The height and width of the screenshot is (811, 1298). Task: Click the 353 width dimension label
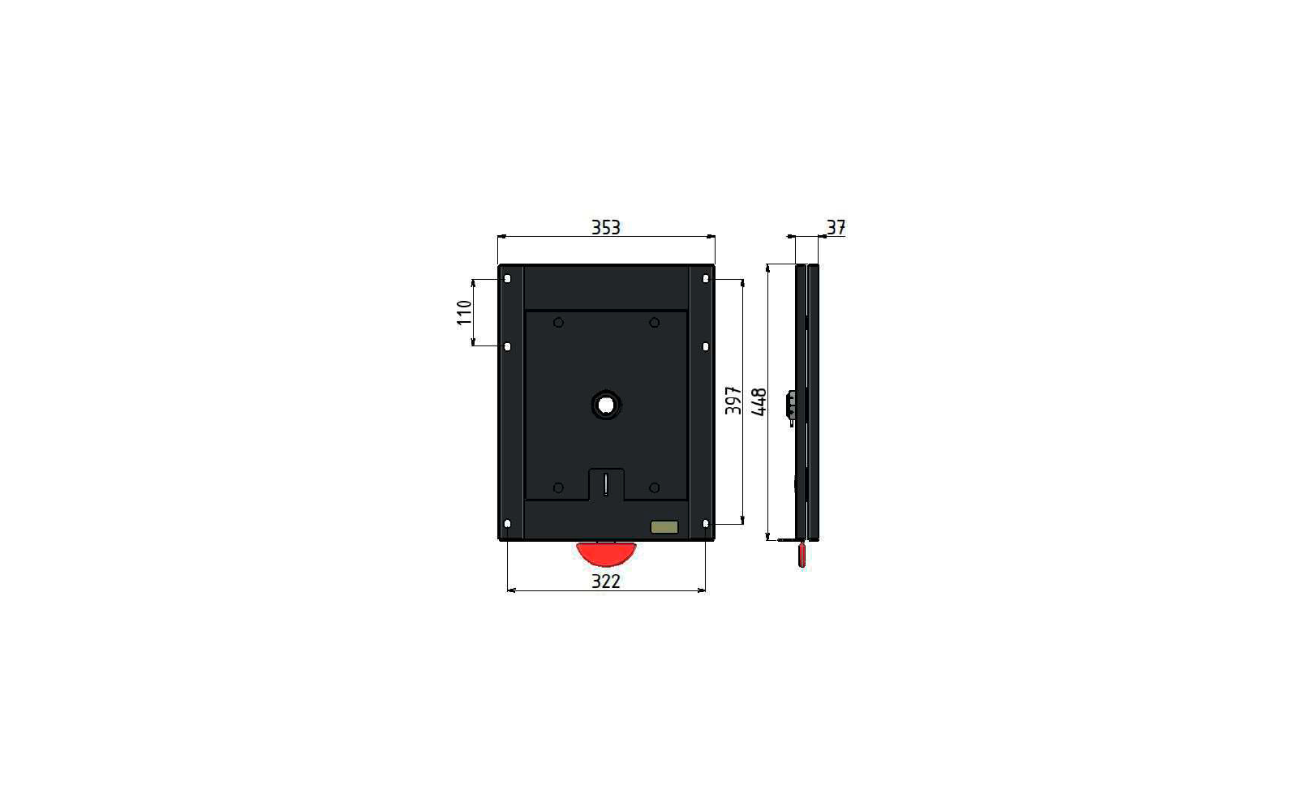(605, 227)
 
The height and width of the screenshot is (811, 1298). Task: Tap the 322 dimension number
(605, 581)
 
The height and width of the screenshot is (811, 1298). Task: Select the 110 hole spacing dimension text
(464, 313)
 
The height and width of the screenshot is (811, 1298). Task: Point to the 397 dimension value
(733, 401)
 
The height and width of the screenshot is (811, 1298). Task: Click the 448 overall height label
(759, 402)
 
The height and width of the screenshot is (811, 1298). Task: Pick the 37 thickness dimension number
(836, 227)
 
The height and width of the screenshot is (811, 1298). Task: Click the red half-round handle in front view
(606, 554)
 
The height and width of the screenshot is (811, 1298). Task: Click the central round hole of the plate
(606, 405)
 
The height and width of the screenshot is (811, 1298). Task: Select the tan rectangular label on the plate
(664, 527)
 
